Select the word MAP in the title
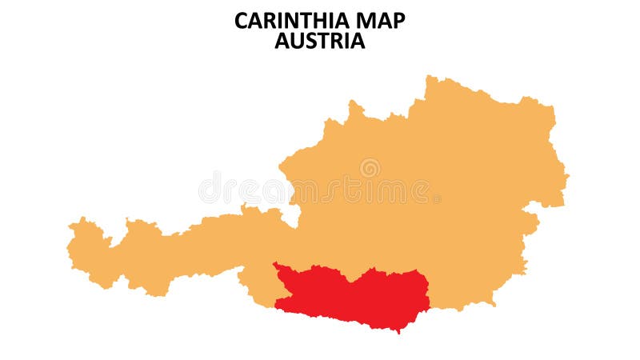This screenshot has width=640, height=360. tap(380, 21)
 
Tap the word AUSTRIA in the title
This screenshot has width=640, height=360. tap(320, 41)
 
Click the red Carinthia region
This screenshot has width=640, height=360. tap(352, 296)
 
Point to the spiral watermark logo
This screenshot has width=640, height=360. tap(370, 168)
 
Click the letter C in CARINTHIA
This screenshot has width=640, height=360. tap(241, 21)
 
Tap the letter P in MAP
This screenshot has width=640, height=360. tap(398, 21)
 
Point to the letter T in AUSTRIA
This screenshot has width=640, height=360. tap(323, 41)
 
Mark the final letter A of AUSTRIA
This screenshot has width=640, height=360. tap(358, 41)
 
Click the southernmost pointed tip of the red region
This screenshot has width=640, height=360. tap(398, 331)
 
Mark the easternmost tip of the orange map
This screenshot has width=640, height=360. tap(568, 174)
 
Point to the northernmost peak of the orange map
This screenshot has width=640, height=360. tap(430, 76)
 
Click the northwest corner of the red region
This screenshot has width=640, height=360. tap(274, 263)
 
